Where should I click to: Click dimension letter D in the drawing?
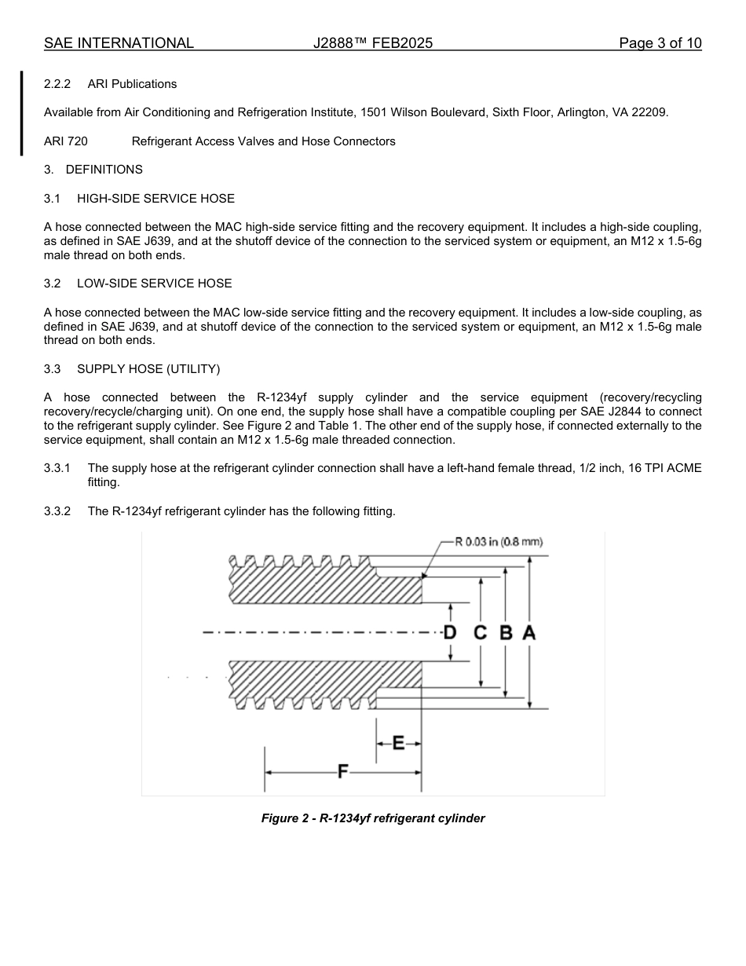[x=450, y=632]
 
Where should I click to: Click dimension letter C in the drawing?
[x=481, y=632]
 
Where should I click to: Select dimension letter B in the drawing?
[x=506, y=632]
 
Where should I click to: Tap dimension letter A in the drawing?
[x=529, y=632]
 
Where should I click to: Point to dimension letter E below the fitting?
[x=398, y=742]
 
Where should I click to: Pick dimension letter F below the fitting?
[x=342, y=771]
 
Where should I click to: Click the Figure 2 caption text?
[x=373, y=818]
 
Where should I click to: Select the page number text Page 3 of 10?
[x=660, y=43]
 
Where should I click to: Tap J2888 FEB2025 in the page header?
[x=373, y=43]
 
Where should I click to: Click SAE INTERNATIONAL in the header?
[x=119, y=43]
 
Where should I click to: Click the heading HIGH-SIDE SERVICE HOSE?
[x=155, y=199]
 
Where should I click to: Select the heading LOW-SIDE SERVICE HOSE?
[x=154, y=284]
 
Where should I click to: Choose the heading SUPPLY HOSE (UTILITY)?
[x=148, y=369]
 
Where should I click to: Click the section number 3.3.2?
[x=57, y=511]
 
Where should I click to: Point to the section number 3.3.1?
[x=57, y=468]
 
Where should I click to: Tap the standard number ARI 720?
[x=66, y=141]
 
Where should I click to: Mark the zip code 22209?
[x=651, y=112]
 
